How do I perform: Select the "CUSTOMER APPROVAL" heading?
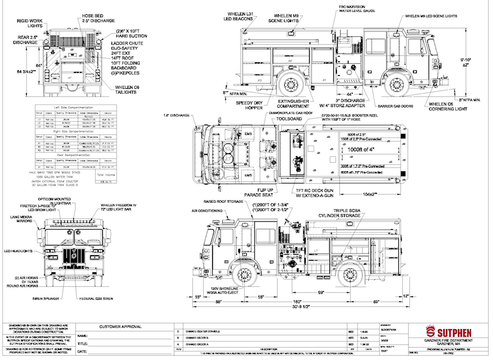(120, 327)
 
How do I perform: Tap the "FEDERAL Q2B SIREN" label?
(96, 299)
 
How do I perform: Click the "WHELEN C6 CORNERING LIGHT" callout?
(448, 106)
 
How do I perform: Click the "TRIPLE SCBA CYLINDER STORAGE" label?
(339, 213)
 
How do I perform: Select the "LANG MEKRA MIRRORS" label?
(24, 219)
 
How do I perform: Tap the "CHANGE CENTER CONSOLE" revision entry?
(203, 331)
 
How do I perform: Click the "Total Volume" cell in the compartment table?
(106, 175)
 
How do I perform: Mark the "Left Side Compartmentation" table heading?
(73, 107)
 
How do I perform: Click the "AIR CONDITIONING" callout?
(207, 211)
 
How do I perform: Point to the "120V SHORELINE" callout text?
(224, 288)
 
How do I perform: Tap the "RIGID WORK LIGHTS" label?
(30, 23)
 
